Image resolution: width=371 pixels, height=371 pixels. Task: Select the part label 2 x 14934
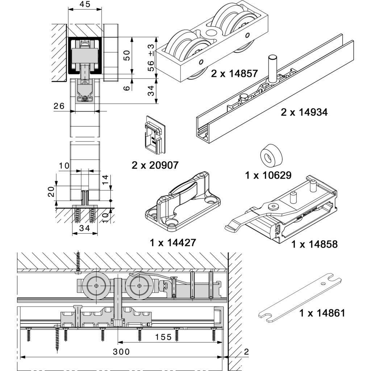pos(304,112)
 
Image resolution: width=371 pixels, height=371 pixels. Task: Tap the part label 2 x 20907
pos(155,165)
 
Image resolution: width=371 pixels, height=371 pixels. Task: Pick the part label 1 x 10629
pos(268,175)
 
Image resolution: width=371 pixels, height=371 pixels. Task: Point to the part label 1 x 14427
pos(173,242)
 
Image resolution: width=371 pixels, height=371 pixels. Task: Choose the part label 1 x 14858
pos(314,244)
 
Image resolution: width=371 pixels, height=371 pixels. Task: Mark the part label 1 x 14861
pos(322,313)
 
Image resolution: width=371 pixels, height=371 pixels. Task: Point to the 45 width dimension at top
pos(85,4)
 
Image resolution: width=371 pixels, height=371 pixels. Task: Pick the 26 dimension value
pos(59,106)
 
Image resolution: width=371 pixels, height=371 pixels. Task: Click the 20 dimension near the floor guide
pos(51,192)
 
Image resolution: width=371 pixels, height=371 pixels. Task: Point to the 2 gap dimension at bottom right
pos(246,351)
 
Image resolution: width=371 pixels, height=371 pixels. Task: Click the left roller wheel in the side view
pos(96,285)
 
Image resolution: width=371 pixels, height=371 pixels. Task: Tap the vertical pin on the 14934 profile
pos(272,67)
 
